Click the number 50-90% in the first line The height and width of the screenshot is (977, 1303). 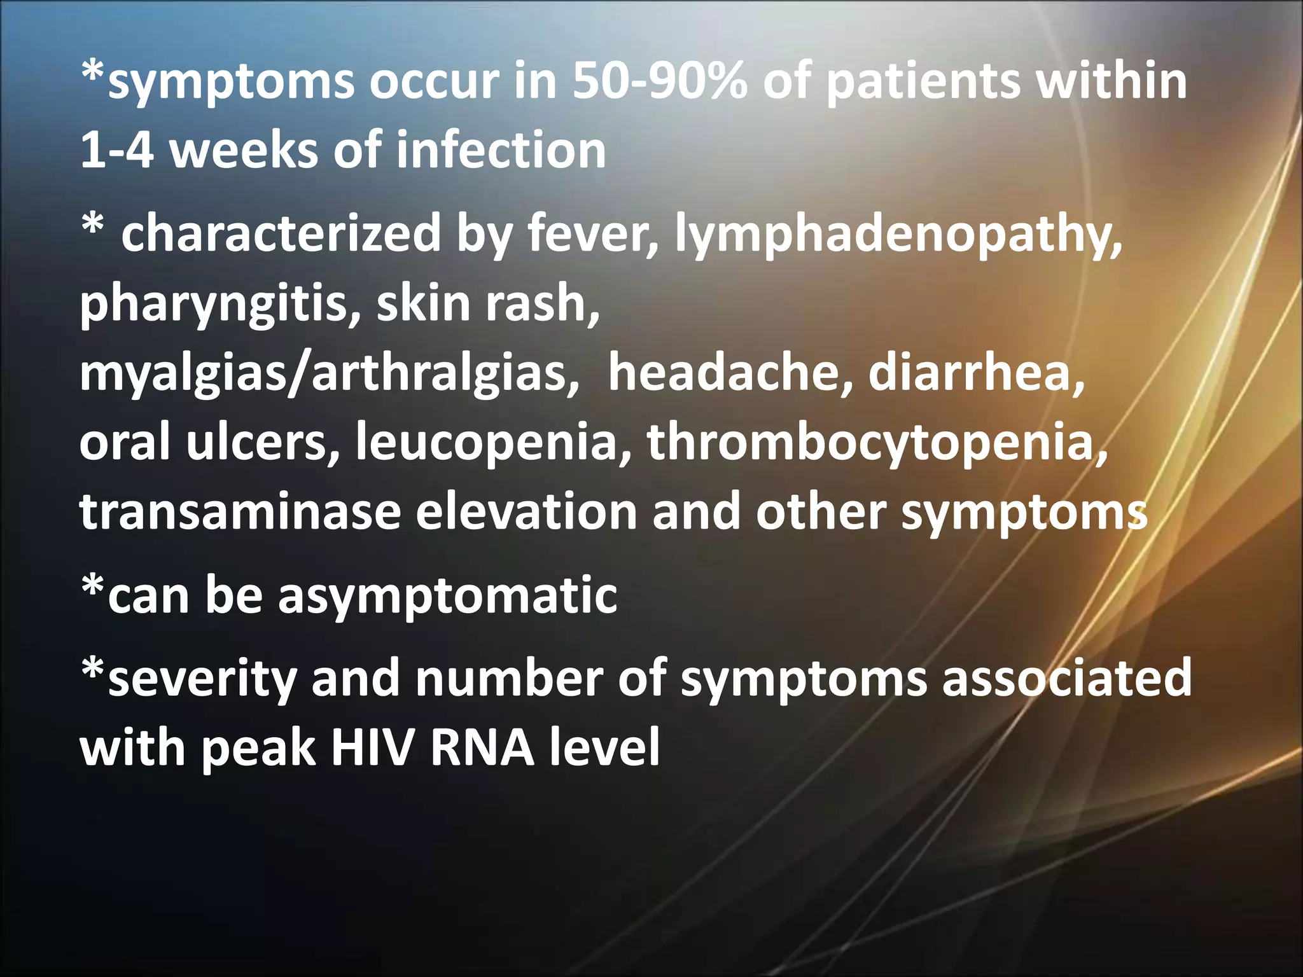coord(659,82)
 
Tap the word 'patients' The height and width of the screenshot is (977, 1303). coord(921,82)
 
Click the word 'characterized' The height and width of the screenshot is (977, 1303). coord(281,233)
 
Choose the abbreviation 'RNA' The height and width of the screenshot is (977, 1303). coord(482,747)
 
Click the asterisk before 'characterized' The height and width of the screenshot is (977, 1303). coord(93,226)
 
